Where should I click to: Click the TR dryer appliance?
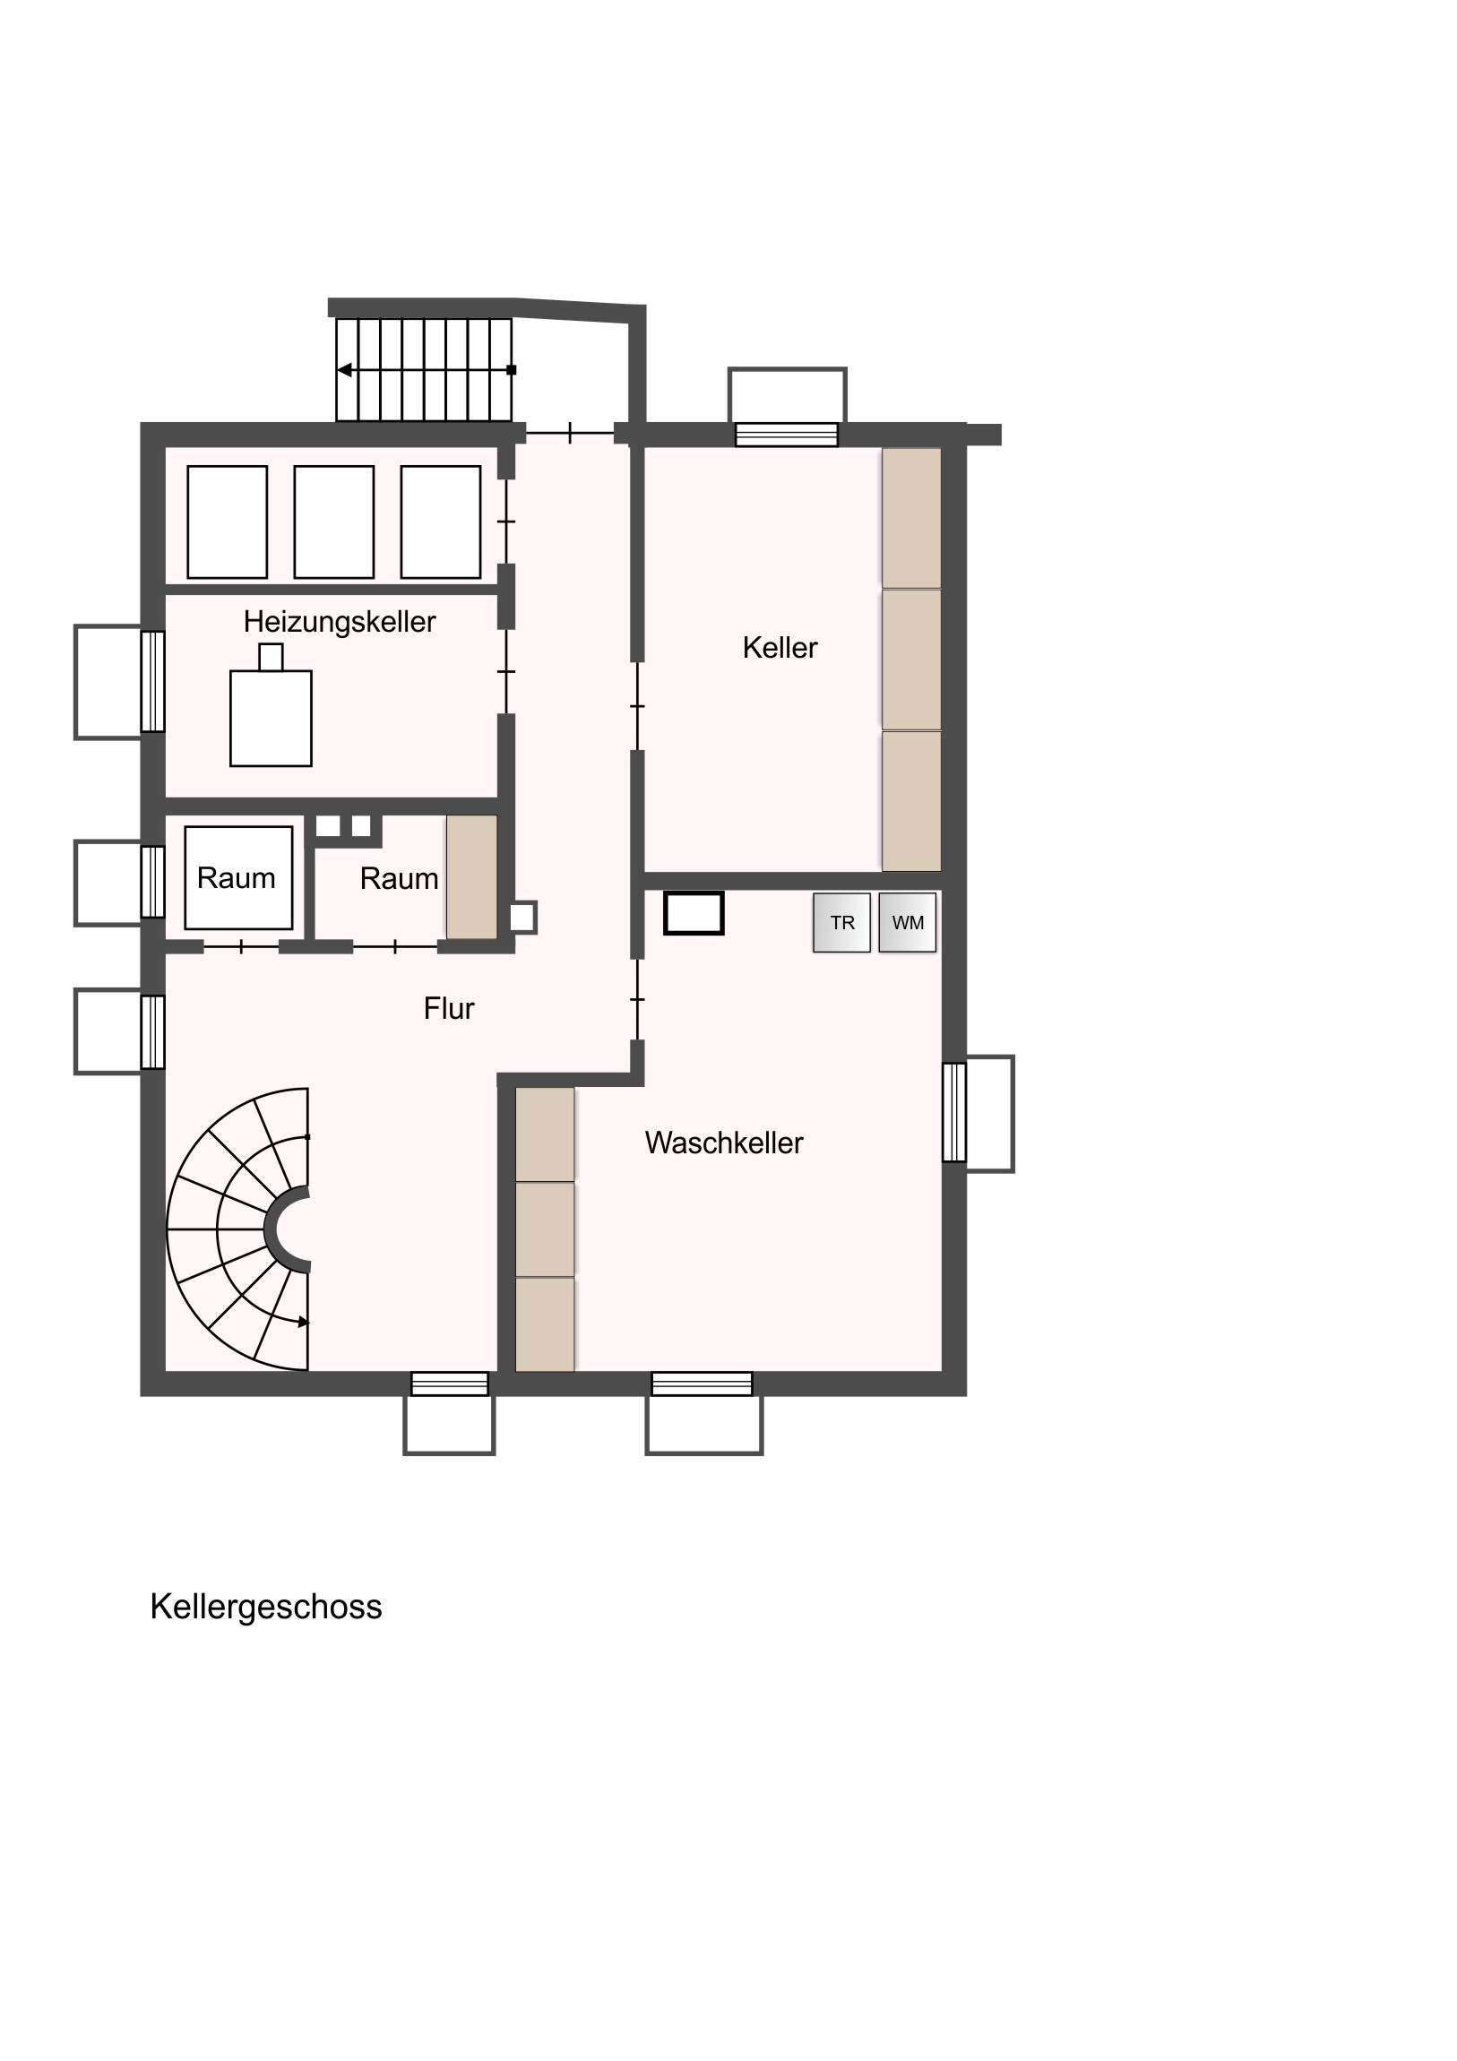pyautogui.click(x=841, y=922)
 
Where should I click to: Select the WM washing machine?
pyautogui.click(x=908, y=922)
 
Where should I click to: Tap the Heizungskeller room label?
pyautogui.click(x=340, y=622)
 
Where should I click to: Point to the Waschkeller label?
pyautogui.click(x=723, y=1143)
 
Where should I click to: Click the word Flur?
pyautogui.click(x=449, y=1008)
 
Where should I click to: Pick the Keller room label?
pyautogui.click(x=780, y=647)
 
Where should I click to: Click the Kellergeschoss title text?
pyautogui.click(x=266, y=1607)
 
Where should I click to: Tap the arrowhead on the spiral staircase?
pyautogui.click(x=304, y=1323)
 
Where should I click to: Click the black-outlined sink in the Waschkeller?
pyautogui.click(x=693, y=913)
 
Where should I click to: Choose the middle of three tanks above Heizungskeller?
pyautogui.click(x=334, y=522)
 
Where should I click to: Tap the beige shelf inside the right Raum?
pyautogui.click(x=472, y=877)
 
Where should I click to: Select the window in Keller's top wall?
pyautogui.click(x=787, y=435)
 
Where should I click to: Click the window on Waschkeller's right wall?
pyautogui.click(x=954, y=1112)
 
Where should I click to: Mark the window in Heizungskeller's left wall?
pyautogui.click(x=152, y=681)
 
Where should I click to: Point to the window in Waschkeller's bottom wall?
pyautogui.click(x=702, y=1384)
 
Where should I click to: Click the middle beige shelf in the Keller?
pyautogui.click(x=911, y=659)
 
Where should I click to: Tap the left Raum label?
pyautogui.click(x=236, y=878)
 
